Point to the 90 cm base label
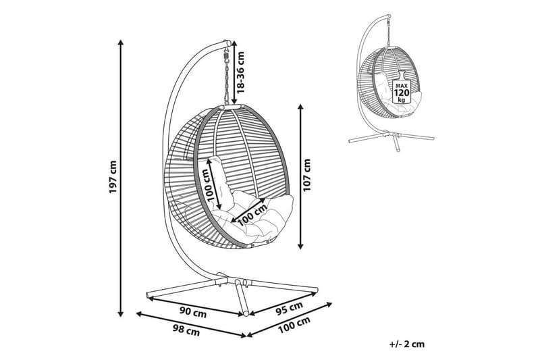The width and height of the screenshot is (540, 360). click(x=192, y=311)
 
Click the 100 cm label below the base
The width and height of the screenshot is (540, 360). click(x=295, y=329)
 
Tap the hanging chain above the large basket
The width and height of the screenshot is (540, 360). click(x=227, y=75)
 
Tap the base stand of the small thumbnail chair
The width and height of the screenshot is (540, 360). click(x=389, y=140)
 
